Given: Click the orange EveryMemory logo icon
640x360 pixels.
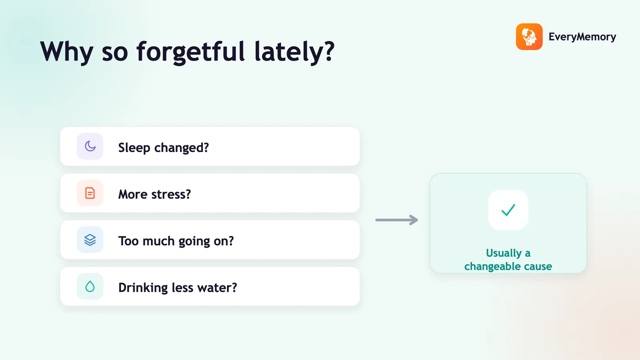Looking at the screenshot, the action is pyautogui.click(x=529, y=36).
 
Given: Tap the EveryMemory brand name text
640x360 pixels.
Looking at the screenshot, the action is pyautogui.click(x=582, y=37).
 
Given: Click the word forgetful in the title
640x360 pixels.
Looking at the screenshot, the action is pyautogui.click(x=190, y=52).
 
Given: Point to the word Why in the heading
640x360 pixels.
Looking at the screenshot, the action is pyautogui.click(x=66, y=52).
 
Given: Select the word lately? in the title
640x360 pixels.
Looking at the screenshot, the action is pyautogui.click(x=294, y=52).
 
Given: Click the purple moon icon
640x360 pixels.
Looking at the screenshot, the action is pyautogui.click(x=90, y=146).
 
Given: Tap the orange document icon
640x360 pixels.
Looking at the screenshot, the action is pyautogui.click(x=90, y=193).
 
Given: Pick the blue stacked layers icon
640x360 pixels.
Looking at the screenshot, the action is pyautogui.click(x=90, y=240).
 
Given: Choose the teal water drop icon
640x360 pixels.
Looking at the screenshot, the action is pyautogui.click(x=90, y=286).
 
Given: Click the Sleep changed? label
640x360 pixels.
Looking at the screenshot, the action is pyautogui.click(x=164, y=148).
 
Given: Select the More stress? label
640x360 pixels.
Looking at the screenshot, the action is pyautogui.click(x=154, y=194).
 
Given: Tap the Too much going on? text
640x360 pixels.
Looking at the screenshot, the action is pyautogui.click(x=176, y=241).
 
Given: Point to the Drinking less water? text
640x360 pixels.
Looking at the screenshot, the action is pyautogui.click(x=178, y=288).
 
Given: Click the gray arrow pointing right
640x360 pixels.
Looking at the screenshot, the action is pyautogui.click(x=396, y=220).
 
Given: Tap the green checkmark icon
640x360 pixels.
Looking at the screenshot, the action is pyautogui.click(x=508, y=210).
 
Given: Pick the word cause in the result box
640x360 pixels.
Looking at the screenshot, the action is pyautogui.click(x=538, y=266).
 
